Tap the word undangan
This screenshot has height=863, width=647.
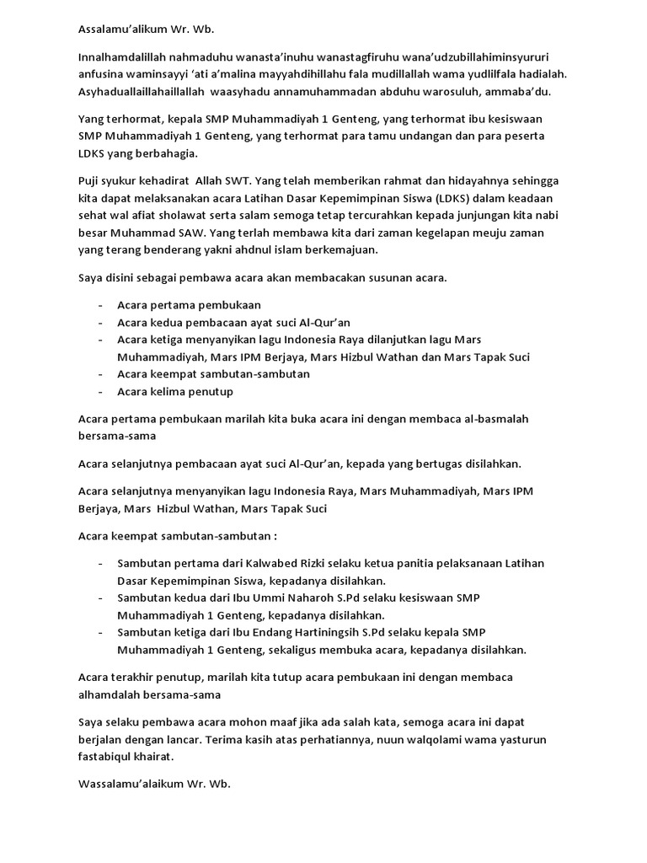(x=428, y=136)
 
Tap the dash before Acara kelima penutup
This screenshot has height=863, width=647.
(x=100, y=391)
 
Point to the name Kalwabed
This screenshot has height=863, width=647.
(x=261, y=563)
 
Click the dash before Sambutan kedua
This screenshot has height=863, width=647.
(x=100, y=598)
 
